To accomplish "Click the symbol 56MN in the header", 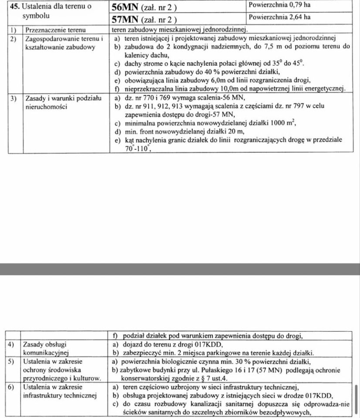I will [125, 7].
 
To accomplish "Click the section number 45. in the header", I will [15, 7].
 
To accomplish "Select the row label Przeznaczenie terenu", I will [55, 30].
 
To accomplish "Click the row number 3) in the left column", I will [14, 98].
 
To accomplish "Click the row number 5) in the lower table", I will [12, 361].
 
